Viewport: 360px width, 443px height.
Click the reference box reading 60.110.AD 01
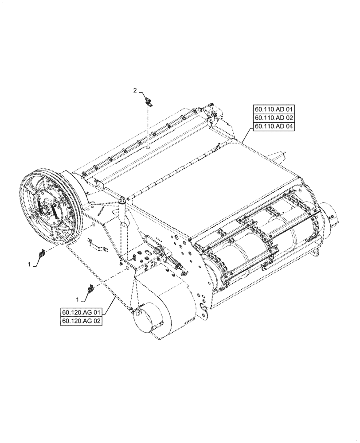[x=274, y=109]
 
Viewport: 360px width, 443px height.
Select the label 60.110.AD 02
[x=274, y=118]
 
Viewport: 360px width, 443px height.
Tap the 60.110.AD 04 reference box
[x=274, y=127]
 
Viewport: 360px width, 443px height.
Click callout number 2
[x=136, y=90]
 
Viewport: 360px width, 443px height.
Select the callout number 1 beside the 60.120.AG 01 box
[x=78, y=300]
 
